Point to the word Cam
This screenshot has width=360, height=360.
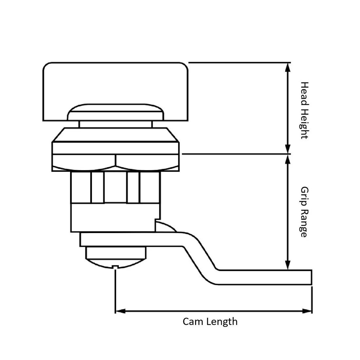tap(192, 321)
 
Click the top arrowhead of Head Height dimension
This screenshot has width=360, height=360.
tap(288, 67)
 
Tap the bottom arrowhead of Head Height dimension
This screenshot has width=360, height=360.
tap(288, 149)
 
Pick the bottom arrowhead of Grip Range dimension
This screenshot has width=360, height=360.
tap(288, 265)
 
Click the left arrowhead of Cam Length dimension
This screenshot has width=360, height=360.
tap(120, 311)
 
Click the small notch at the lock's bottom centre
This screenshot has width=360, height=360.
tap(115, 267)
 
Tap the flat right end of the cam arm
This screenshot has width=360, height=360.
tap(311, 277)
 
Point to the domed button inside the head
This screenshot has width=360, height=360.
tap(115, 112)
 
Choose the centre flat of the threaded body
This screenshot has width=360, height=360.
tap(115, 187)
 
